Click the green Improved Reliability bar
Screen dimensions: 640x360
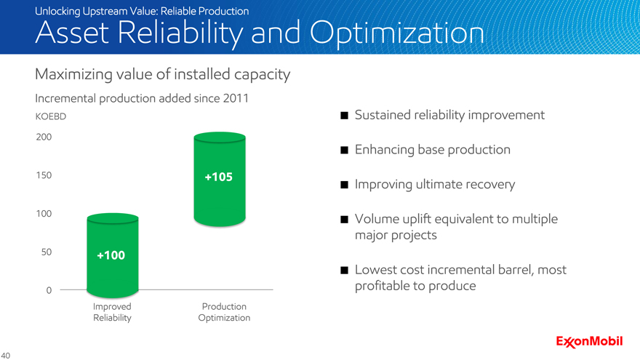click(113, 255)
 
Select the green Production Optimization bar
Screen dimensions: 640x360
click(220, 179)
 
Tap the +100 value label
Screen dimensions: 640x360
click(111, 255)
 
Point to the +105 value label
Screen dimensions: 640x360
click(219, 177)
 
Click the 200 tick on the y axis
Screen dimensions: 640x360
click(44, 137)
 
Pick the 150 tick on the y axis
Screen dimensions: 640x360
click(44, 175)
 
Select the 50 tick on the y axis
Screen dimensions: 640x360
click(47, 252)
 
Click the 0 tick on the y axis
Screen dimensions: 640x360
click(49, 290)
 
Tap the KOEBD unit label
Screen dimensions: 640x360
click(51, 116)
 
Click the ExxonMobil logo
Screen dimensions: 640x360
click(589, 342)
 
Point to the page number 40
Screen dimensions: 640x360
click(5, 356)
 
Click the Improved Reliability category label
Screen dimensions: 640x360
click(112, 312)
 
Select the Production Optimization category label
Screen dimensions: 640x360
click(224, 312)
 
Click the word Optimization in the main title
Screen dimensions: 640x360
click(397, 33)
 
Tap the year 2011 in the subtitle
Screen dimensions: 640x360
click(236, 98)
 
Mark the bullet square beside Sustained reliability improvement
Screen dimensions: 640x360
click(345, 116)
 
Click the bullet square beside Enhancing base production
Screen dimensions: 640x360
click(345, 151)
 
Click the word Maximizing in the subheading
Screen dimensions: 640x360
click(73, 75)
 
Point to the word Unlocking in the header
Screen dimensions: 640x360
click(57, 12)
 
